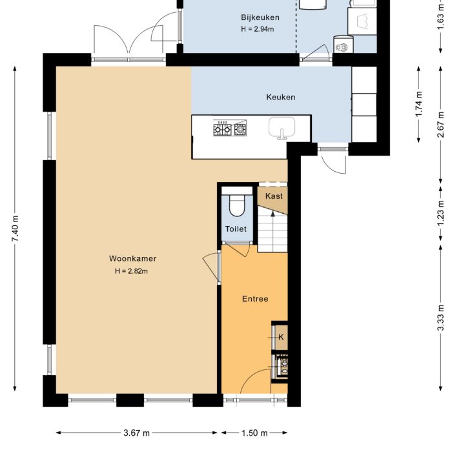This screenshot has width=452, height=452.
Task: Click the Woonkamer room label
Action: [132, 258]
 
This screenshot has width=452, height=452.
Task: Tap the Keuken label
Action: [281, 98]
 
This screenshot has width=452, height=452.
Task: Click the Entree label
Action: [255, 299]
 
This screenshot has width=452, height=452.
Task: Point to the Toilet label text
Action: [236, 229]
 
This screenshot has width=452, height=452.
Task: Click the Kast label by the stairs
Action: [274, 196]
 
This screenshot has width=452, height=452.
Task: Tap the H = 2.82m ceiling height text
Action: [132, 271]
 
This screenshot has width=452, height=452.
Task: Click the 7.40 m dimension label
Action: [15, 230]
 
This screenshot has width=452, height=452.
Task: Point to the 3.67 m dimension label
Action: [137, 433]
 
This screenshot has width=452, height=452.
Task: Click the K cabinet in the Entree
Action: [280, 336]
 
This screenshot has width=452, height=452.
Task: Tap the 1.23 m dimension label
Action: [440, 214]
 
